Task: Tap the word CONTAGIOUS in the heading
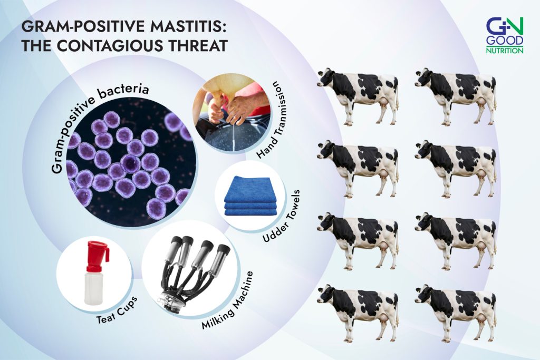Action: coord(109,46)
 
